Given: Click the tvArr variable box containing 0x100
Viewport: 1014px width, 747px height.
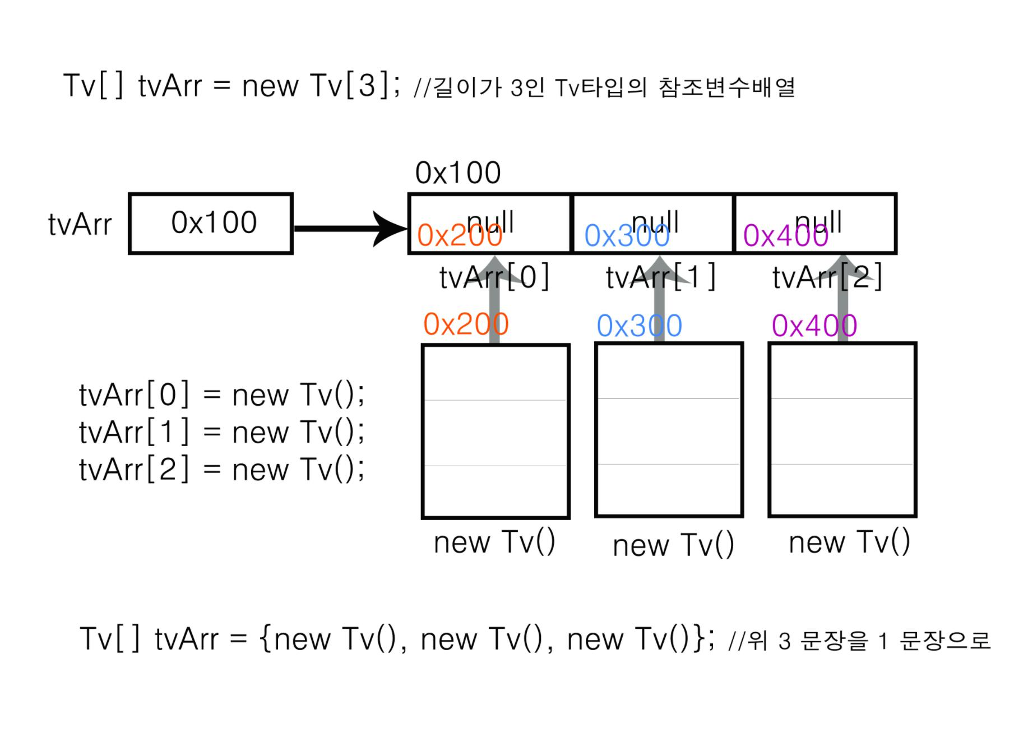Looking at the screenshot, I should (211, 224).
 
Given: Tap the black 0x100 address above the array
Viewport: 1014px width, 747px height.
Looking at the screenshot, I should (458, 173).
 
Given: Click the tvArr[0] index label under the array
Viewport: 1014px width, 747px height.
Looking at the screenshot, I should (494, 277).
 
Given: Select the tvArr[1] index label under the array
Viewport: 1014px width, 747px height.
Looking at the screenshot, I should (660, 277).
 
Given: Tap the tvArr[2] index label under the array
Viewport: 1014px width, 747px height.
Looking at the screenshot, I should (827, 277).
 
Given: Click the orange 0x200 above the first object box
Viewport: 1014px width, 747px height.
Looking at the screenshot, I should (466, 324).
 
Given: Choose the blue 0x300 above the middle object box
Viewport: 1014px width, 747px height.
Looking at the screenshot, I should (639, 326).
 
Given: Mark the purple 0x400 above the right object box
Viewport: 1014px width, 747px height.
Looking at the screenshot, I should (814, 326).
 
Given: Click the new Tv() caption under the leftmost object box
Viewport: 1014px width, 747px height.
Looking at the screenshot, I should (494, 542).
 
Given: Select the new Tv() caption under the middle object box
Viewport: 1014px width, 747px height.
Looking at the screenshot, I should (673, 545).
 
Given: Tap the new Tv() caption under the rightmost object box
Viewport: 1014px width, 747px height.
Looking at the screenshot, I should (849, 542).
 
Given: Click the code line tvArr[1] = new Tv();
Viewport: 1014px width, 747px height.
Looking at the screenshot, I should (221, 432).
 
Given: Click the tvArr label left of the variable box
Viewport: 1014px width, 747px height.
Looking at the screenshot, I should (80, 225).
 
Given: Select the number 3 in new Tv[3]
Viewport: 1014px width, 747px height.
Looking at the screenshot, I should (367, 86).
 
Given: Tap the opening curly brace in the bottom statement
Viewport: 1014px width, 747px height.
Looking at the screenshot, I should (266, 638).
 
